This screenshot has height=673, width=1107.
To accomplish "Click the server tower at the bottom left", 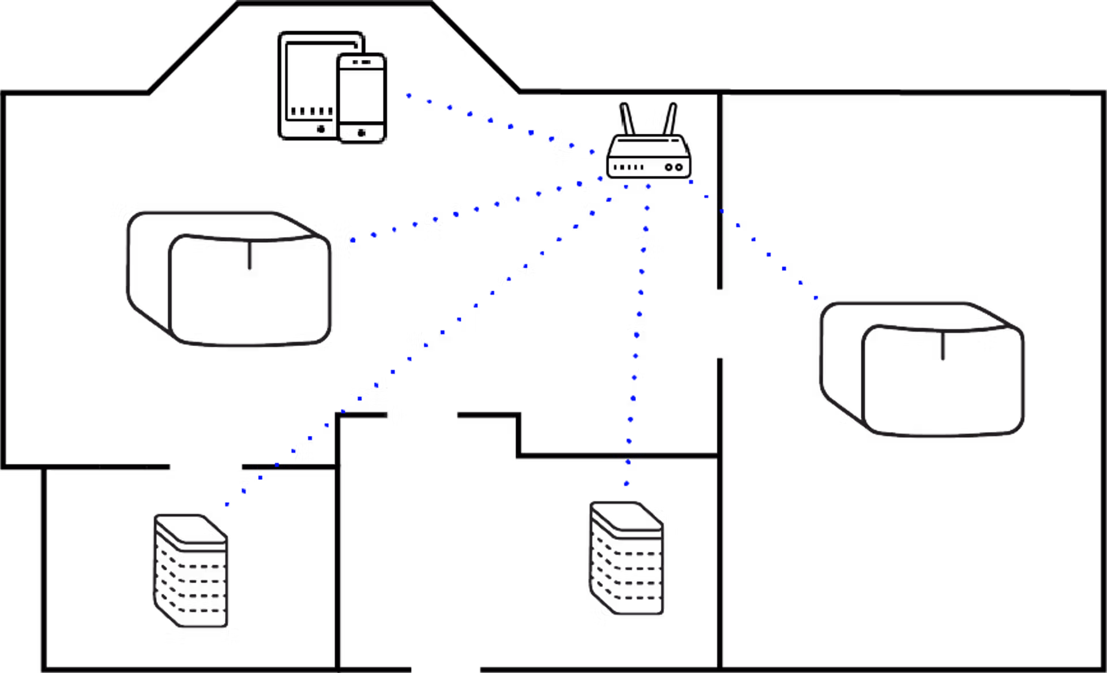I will (191, 571).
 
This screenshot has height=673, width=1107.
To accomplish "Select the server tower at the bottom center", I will (627, 559).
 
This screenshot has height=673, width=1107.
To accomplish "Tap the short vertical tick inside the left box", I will (249, 256).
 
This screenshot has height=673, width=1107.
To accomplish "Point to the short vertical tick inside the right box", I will (943, 347).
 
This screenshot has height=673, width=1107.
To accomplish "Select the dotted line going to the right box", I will (754, 239).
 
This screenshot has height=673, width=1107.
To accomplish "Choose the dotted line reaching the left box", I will (476, 209).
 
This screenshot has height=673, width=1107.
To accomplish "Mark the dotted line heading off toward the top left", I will (510, 126).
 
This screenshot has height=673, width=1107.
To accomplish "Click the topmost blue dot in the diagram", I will (408, 96).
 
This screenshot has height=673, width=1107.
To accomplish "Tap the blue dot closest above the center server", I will (626, 484).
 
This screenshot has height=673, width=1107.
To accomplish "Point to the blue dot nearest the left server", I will (227, 505).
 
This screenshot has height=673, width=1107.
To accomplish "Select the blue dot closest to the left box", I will (353, 240).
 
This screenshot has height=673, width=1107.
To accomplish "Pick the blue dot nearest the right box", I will (816, 298).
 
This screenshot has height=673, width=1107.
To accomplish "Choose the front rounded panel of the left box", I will (250, 291).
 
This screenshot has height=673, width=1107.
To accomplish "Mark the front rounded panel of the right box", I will (943, 381).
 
